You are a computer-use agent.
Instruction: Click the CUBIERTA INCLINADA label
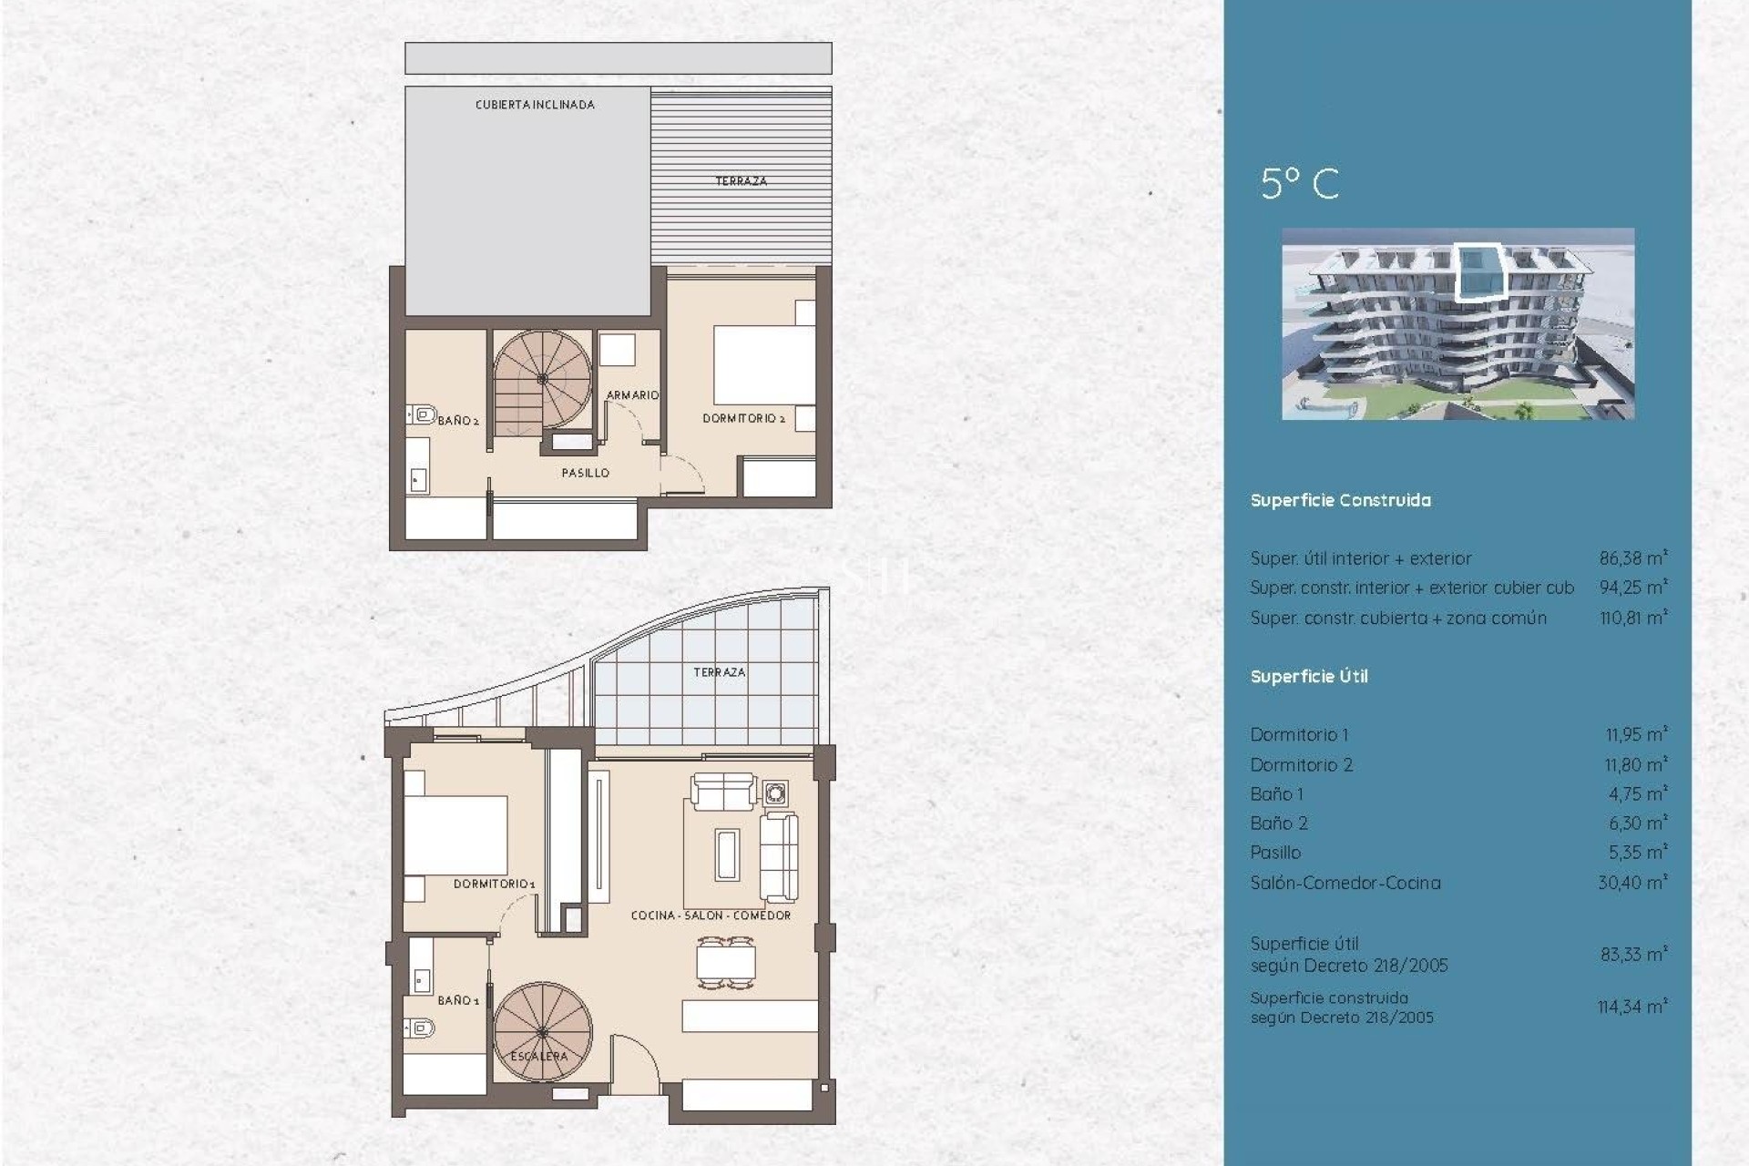coord(535,105)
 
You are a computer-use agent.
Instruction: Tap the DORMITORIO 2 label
coord(743,418)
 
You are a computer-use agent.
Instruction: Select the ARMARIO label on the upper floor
coord(632,395)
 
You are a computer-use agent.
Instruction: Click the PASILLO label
coord(585,473)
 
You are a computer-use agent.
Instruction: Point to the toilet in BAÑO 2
coord(422,415)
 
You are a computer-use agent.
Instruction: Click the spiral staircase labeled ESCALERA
coord(542,1032)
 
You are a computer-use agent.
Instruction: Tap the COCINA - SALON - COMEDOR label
coord(711,915)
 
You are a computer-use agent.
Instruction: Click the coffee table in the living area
coord(727,854)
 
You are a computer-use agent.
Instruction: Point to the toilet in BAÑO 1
coord(420,1029)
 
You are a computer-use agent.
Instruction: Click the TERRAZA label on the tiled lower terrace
coord(719,672)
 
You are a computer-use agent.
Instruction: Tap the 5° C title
coord(1300,184)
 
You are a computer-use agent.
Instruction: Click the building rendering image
coord(1457,323)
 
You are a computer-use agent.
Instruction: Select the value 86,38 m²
coord(1632,557)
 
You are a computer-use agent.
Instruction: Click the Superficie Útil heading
coord(1309,676)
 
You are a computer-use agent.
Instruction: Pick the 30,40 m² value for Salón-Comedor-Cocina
coord(1632,882)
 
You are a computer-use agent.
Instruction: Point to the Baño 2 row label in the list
coord(1279,823)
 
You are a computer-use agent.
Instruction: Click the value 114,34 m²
coord(1631,1007)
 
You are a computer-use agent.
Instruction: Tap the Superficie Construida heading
coord(1340,500)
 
